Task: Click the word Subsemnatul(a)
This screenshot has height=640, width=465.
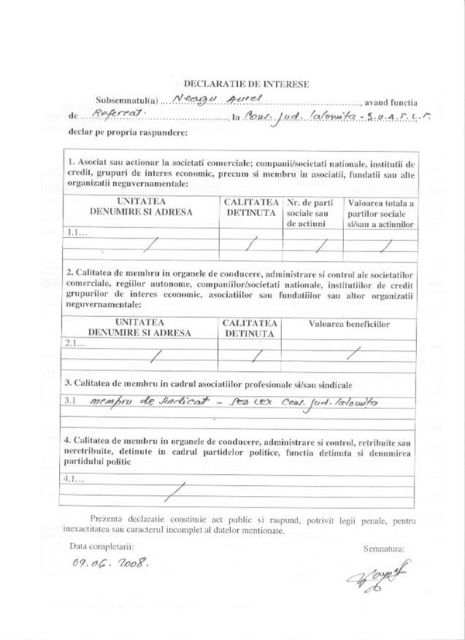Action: (x=127, y=101)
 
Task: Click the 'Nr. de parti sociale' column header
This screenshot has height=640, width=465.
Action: (x=312, y=212)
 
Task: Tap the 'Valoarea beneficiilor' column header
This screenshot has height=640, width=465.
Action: (x=349, y=322)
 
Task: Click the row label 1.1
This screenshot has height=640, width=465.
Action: (x=77, y=232)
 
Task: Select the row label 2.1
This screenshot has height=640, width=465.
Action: (x=77, y=342)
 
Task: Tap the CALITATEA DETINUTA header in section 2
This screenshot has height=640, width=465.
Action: (x=250, y=328)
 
